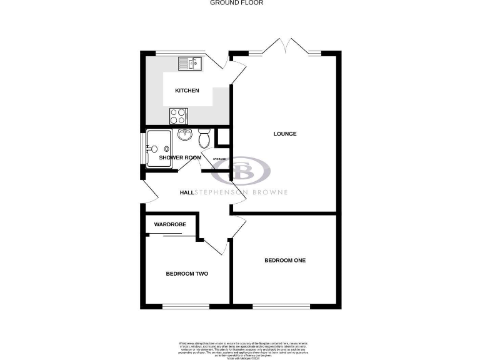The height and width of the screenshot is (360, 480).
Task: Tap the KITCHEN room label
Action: click(187, 91)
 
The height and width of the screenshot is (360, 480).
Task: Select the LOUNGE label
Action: click(284, 134)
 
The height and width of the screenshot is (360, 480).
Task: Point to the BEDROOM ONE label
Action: click(284, 260)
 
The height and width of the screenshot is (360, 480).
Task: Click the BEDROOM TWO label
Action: click(186, 274)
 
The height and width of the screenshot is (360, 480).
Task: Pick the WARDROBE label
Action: click(170, 224)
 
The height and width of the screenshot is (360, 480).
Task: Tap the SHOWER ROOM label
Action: click(180, 157)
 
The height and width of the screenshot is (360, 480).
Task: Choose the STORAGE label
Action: click(219, 159)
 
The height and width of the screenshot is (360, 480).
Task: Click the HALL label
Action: click(186, 192)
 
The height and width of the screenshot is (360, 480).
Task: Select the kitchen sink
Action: click(190, 62)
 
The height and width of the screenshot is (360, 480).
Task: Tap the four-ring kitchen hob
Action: click(178, 116)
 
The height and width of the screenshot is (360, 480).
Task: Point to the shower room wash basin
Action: click(184, 134)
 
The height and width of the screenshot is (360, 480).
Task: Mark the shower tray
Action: click(159, 149)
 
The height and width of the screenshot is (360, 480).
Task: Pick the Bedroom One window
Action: click(281, 306)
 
